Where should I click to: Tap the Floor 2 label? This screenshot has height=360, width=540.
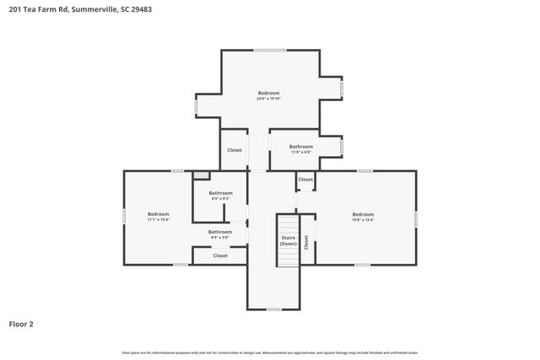(x=21, y=323)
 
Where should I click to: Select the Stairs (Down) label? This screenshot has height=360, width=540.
(x=289, y=240)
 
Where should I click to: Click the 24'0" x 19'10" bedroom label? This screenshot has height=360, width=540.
(x=268, y=95)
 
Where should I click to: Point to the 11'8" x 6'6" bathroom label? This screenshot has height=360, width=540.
(x=301, y=149)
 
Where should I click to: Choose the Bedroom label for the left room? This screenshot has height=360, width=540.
(x=159, y=213)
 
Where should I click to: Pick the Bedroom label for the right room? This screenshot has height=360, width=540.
(x=363, y=213)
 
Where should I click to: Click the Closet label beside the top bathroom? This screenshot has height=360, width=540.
(x=235, y=150)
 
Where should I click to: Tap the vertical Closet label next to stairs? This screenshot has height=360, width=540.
(x=306, y=242)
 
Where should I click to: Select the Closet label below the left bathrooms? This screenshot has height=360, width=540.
(x=220, y=255)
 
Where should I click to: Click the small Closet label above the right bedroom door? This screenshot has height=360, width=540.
(x=305, y=180)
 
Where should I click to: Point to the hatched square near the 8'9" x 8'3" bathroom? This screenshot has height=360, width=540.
(x=201, y=175)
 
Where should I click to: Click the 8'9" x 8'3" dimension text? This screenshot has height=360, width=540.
(x=220, y=199)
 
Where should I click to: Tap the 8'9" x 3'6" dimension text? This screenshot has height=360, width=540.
(x=220, y=237)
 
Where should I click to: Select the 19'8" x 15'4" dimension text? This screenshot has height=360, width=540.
(x=363, y=219)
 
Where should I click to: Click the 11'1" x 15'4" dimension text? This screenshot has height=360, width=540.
(x=159, y=219)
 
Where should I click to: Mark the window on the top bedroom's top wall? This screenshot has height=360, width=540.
(x=270, y=51)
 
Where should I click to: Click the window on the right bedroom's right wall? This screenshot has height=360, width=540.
(x=416, y=218)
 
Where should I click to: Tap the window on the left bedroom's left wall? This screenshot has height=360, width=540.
(x=125, y=217)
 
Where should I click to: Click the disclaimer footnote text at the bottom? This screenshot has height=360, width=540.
(x=270, y=352)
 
